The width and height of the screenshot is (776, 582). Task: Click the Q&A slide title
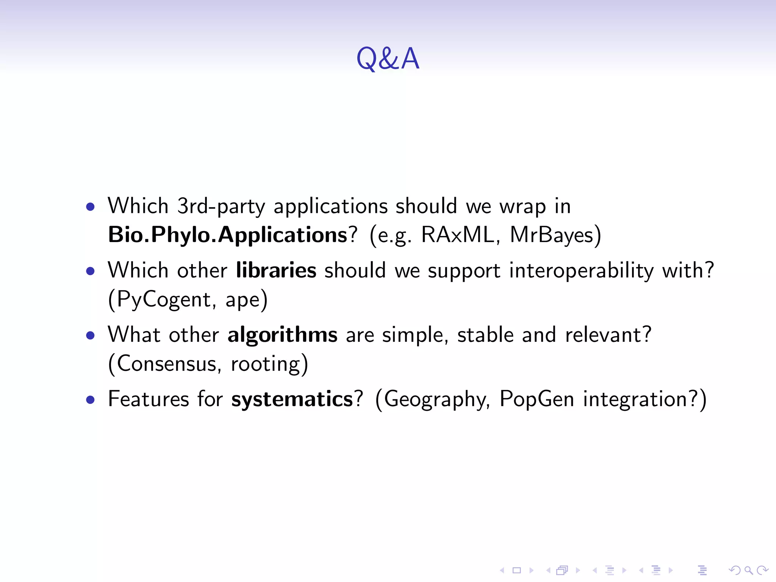pos(388,59)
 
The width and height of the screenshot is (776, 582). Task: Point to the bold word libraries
pos(276,271)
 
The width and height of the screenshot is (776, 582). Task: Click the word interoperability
pos(581,271)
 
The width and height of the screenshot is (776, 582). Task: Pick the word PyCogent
pos(163,300)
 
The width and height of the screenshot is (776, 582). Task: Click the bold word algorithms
pos(282,335)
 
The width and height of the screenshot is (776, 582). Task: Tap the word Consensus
pos(166,364)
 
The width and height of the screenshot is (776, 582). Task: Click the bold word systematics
pos(292,399)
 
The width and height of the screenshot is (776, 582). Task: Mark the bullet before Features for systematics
pos(90,400)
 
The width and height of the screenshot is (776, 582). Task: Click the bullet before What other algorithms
pos(90,336)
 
